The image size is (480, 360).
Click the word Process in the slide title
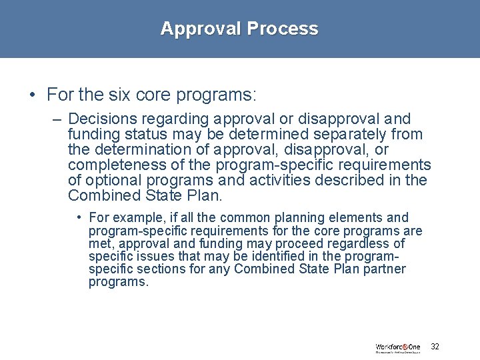(283, 29)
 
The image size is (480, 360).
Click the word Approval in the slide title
(201, 29)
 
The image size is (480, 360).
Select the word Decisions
(100, 119)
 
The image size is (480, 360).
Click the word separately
(331, 135)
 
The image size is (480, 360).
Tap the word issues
(148, 257)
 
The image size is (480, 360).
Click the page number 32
(435, 347)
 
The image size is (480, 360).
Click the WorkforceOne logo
(398, 348)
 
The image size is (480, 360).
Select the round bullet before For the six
(33, 95)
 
